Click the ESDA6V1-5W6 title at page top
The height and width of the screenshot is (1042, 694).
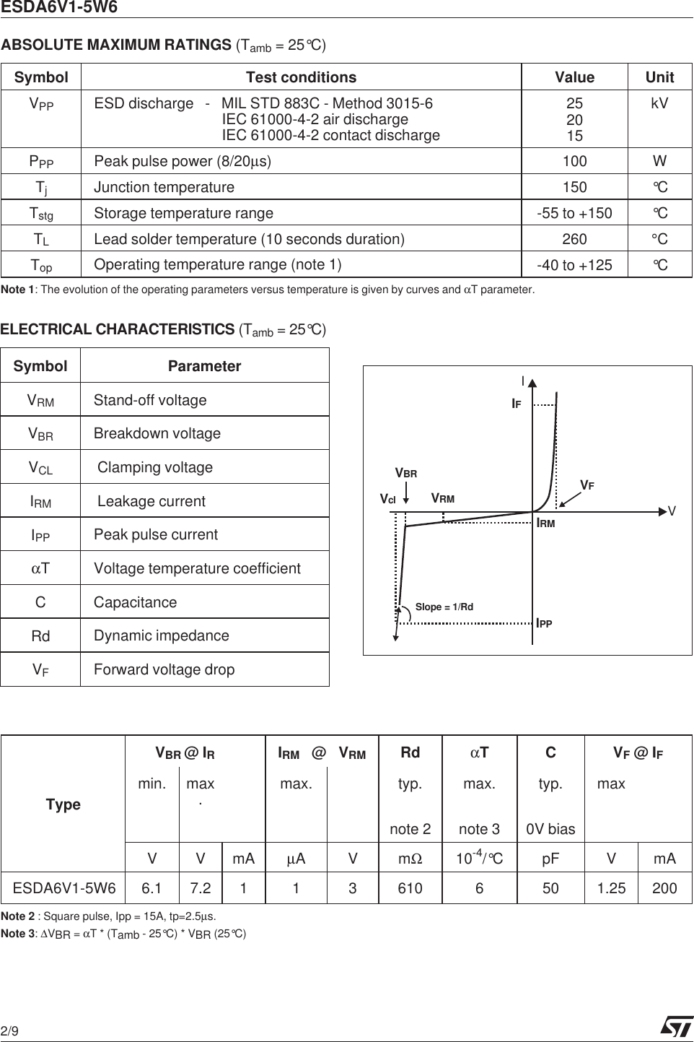59,8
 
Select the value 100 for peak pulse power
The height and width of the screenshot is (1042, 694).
574,161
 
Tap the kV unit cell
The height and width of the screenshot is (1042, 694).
659,103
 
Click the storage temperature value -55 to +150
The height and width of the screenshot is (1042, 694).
574,213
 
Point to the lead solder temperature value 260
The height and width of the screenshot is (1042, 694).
574,239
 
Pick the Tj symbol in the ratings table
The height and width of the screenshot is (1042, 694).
41,188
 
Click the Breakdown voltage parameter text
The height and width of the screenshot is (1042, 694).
157,433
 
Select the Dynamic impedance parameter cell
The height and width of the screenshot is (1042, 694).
162,635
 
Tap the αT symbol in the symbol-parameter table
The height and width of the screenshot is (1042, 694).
40,568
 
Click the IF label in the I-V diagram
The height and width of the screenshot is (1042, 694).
517,404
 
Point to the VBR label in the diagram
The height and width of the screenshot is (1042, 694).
406,474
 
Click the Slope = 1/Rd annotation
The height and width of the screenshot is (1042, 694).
444,607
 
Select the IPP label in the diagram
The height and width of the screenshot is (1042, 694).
545,623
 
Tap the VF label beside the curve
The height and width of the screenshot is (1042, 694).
587,486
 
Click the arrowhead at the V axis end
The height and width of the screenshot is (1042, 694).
663,512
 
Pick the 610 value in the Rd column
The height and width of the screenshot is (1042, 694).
410,888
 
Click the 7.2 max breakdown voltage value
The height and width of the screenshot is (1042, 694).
201,888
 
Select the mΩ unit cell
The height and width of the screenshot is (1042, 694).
410,859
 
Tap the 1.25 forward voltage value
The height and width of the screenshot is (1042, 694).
611,888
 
